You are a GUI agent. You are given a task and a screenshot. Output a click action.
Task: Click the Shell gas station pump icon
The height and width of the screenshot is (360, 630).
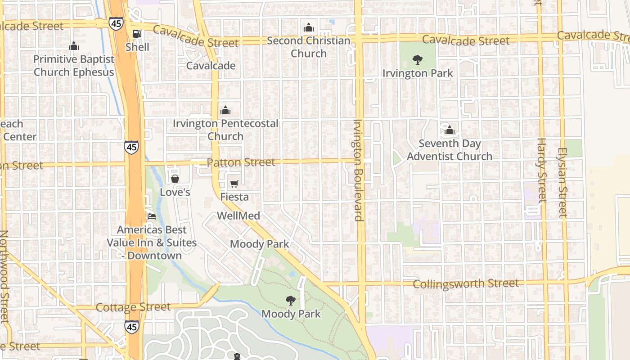coord(137,34)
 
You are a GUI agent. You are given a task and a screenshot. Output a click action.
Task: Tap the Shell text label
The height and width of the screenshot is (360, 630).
coord(137,47)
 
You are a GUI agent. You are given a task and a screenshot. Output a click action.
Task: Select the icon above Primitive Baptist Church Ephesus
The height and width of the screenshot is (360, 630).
coord(74,46)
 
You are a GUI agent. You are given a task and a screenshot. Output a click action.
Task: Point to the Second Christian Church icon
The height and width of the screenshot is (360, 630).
coord(308,28)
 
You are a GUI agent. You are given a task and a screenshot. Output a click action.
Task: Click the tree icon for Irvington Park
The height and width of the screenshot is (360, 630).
coord(418,59)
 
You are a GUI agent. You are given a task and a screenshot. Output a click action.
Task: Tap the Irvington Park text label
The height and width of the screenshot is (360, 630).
coord(418,73)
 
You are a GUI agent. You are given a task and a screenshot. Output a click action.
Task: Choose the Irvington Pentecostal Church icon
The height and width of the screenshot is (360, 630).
coord(225,110)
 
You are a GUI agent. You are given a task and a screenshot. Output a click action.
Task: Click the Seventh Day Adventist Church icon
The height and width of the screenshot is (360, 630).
coord(449,130)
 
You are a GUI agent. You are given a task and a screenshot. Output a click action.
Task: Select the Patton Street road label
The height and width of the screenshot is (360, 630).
coord(241,162)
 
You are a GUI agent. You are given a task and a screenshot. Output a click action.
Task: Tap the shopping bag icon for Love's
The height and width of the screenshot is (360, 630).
coord(175,179)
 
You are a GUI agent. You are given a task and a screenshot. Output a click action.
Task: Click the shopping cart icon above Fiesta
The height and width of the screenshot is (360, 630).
coord(234,184)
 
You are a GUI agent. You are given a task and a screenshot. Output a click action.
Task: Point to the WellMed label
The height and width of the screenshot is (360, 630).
coord(238,216)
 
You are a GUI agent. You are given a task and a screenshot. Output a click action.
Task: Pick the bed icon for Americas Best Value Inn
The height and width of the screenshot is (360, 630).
coord(152,216)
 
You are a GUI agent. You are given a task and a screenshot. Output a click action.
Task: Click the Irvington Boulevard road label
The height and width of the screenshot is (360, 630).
coord(359,170)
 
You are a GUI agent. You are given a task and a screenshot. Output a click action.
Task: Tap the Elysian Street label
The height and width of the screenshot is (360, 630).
coord(562,182)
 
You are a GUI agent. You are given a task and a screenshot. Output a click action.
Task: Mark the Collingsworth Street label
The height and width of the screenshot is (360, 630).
coord(466,284)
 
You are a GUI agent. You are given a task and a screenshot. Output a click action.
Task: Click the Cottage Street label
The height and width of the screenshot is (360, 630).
coord(133,307)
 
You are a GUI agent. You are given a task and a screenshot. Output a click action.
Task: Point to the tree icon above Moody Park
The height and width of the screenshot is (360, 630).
coord(291,300)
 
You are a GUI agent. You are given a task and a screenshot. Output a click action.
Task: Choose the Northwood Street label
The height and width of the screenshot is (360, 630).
coord(4,276)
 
